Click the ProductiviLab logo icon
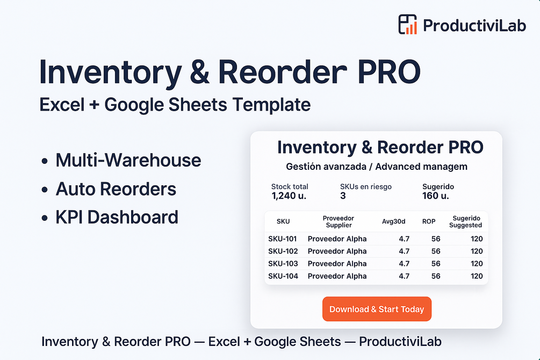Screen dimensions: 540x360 pyautogui.click(x=407, y=24)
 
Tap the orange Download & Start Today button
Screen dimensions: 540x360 pyautogui.click(x=377, y=309)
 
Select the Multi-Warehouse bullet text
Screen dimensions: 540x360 pyautogui.click(x=128, y=160)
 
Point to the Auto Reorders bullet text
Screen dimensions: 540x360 pyautogui.click(x=116, y=189)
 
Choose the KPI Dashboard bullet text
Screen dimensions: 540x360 pyautogui.click(x=117, y=218)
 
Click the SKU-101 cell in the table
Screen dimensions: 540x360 pyautogui.click(x=283, y=239)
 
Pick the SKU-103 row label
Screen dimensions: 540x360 pyautogui.click(x=283, y=263)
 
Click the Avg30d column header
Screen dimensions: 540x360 pyautogui.click(x=394, y=221)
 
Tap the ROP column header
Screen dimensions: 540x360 pyautogui.click(x=429, y=221)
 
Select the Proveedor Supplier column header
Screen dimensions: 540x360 pyautogui.click(x=339, y=221)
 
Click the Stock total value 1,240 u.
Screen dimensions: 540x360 pyautogui.click(x=289, y=196)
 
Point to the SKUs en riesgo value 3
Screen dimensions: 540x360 pyautogui.click(x=343, y=196)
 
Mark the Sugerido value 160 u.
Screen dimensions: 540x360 pyautogui.click(x=436, y=196)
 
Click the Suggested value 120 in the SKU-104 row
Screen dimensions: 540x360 pyautogui.click(x=477, y=276)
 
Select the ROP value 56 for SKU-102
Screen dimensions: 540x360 pyautogui.click(x=436, y=251)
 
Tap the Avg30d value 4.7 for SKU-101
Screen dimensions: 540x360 pyautogui.click(x=404, y=239)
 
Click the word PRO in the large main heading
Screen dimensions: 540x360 pyautogui.click(x=389, y=71)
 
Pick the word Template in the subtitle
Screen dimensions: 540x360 pyautogui.click(x=271, y=105)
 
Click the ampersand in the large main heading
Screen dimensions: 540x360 pyautogui.click(x=200, y=71)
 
